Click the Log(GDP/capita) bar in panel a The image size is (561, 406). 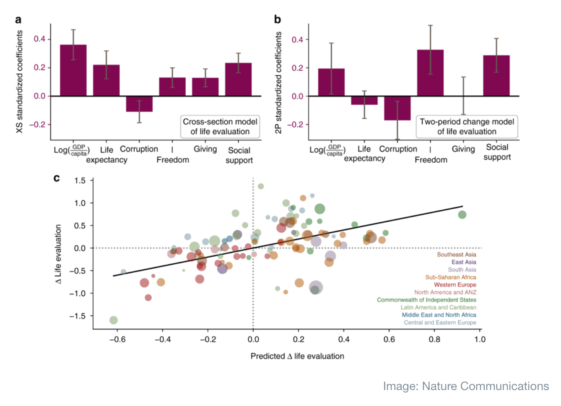[73, 70]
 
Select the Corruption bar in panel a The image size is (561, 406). [139, 104]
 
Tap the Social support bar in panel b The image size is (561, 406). [496, 76]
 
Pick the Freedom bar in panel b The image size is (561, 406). [430, 73]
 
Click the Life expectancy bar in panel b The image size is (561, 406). [364, 100]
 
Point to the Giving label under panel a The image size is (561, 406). [205, 149]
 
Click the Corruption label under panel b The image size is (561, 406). [398, 149]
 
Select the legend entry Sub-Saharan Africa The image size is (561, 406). [450, 277]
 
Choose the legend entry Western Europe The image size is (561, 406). [455, 285]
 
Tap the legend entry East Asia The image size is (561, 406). [464, 262]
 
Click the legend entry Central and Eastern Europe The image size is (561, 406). [440, 323]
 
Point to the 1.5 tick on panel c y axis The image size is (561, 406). [80, 180]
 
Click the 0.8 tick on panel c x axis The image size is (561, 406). [434, 339]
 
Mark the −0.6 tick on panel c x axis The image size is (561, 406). [117, 339]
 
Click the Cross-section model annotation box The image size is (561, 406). [220, 127]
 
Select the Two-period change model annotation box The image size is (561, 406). [467, 127]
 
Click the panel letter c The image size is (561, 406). [57, 178]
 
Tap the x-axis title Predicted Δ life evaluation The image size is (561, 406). [297, 356]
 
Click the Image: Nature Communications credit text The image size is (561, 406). [466, 386]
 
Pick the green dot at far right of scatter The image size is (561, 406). [462, 215]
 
